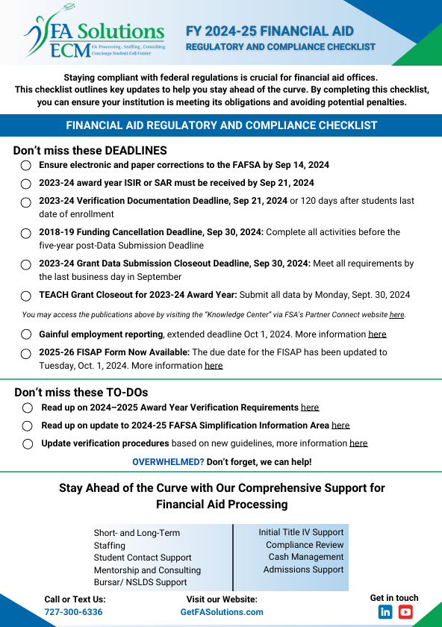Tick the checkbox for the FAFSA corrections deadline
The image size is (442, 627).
26,165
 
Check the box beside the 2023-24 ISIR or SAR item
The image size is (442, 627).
26,183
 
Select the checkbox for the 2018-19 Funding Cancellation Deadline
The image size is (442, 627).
26,233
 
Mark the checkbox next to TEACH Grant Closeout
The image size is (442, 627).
26,296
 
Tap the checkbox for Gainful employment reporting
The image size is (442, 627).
26,334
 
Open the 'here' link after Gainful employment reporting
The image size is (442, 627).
377,334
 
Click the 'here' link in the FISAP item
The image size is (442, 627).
214,366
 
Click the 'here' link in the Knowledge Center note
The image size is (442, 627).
396,315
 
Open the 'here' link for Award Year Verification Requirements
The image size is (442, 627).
310,408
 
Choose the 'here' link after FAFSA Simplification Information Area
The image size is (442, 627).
340,425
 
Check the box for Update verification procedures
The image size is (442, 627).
28,443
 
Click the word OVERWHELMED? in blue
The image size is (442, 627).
168,462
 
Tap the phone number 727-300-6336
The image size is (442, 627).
73,612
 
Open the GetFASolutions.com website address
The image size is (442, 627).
222,612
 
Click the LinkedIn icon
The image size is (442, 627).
385,612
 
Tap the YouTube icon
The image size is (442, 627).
405,612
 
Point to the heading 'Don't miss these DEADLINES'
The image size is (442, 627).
90,150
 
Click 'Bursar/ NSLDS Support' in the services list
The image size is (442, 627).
140,582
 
